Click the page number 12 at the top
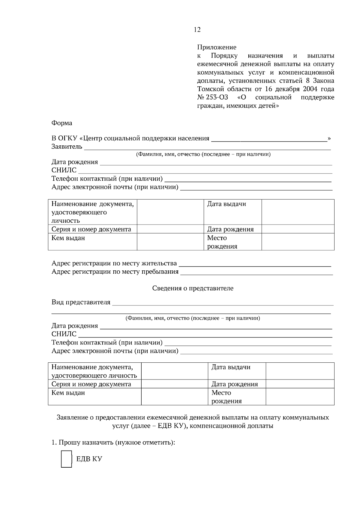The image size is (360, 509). [197, 30]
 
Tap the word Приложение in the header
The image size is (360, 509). [217, 47]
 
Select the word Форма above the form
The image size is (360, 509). [62, 123]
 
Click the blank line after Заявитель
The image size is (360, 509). [207, 147]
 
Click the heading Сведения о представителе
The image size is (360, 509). [193, 288]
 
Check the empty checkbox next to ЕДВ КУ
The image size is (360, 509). [66, 459]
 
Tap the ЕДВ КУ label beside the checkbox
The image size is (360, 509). [89, 459]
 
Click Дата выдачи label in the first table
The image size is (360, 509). [226, 204]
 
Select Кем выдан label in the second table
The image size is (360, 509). [68, 393]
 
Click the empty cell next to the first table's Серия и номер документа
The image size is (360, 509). [170, 229]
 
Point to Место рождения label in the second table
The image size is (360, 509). [226, 397]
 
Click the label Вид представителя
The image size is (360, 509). [81, 302]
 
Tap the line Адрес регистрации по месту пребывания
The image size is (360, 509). [115, 272]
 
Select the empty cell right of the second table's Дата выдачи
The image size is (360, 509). [300, 371]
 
